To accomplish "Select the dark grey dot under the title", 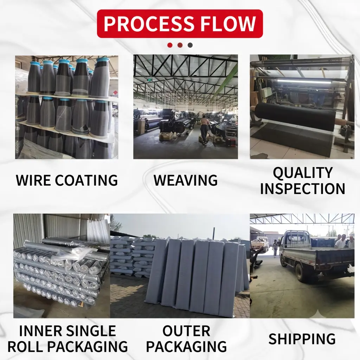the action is (190, 45).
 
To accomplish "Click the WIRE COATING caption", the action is (67, 180).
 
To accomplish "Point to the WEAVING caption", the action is (186, 180).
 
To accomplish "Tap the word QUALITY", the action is (303, 173).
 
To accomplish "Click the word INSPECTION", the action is (303, 189).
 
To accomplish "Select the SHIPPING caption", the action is (302, 339).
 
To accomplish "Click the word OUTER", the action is (186, 331).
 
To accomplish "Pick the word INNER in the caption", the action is (41, 331).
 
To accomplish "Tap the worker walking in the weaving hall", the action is (204, 130).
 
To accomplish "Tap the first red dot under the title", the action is (170, 45).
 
